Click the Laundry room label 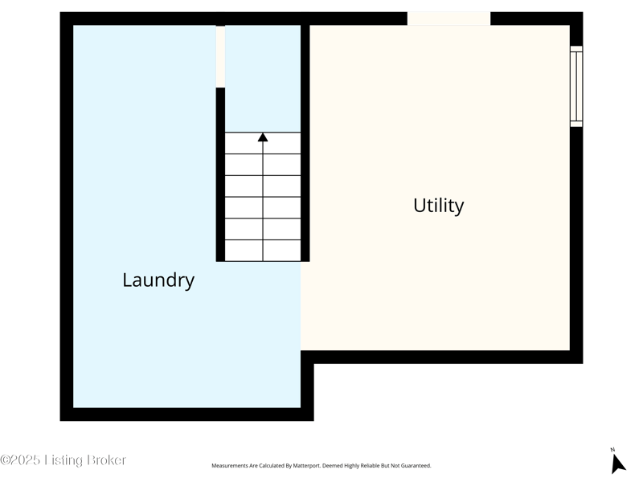tap(158, 280)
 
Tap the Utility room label tap(438, 206)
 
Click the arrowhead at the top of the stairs tap(263, 137)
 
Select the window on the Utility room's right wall tap(576, 86)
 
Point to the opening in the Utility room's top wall tap(448, 18)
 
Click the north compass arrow tap(618, 464)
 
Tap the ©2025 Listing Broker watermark tap(63, 460)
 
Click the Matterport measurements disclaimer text tap(321, 466)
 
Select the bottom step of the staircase tap(263, 251)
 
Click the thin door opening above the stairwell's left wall tap(220, 56)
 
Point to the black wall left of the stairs tap(220, 174)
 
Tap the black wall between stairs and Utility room tap(305, 143)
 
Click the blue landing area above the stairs tap(263, 79)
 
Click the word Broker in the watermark tap(107, 460)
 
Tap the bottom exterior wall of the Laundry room tap(187, 415)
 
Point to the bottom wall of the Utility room tap(442, 357)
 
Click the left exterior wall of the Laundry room tap(67, 216)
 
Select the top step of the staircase tap(263, 143)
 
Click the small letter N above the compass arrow tap(612, 450)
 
